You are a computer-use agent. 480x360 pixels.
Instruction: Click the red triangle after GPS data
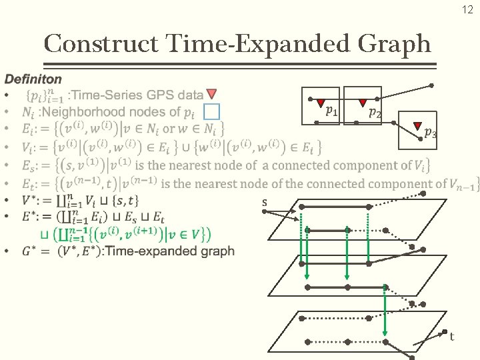211,94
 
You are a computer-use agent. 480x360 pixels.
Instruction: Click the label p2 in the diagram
375,113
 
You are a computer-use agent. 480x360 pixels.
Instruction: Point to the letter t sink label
452,337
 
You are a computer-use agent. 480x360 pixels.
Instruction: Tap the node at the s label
265,212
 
